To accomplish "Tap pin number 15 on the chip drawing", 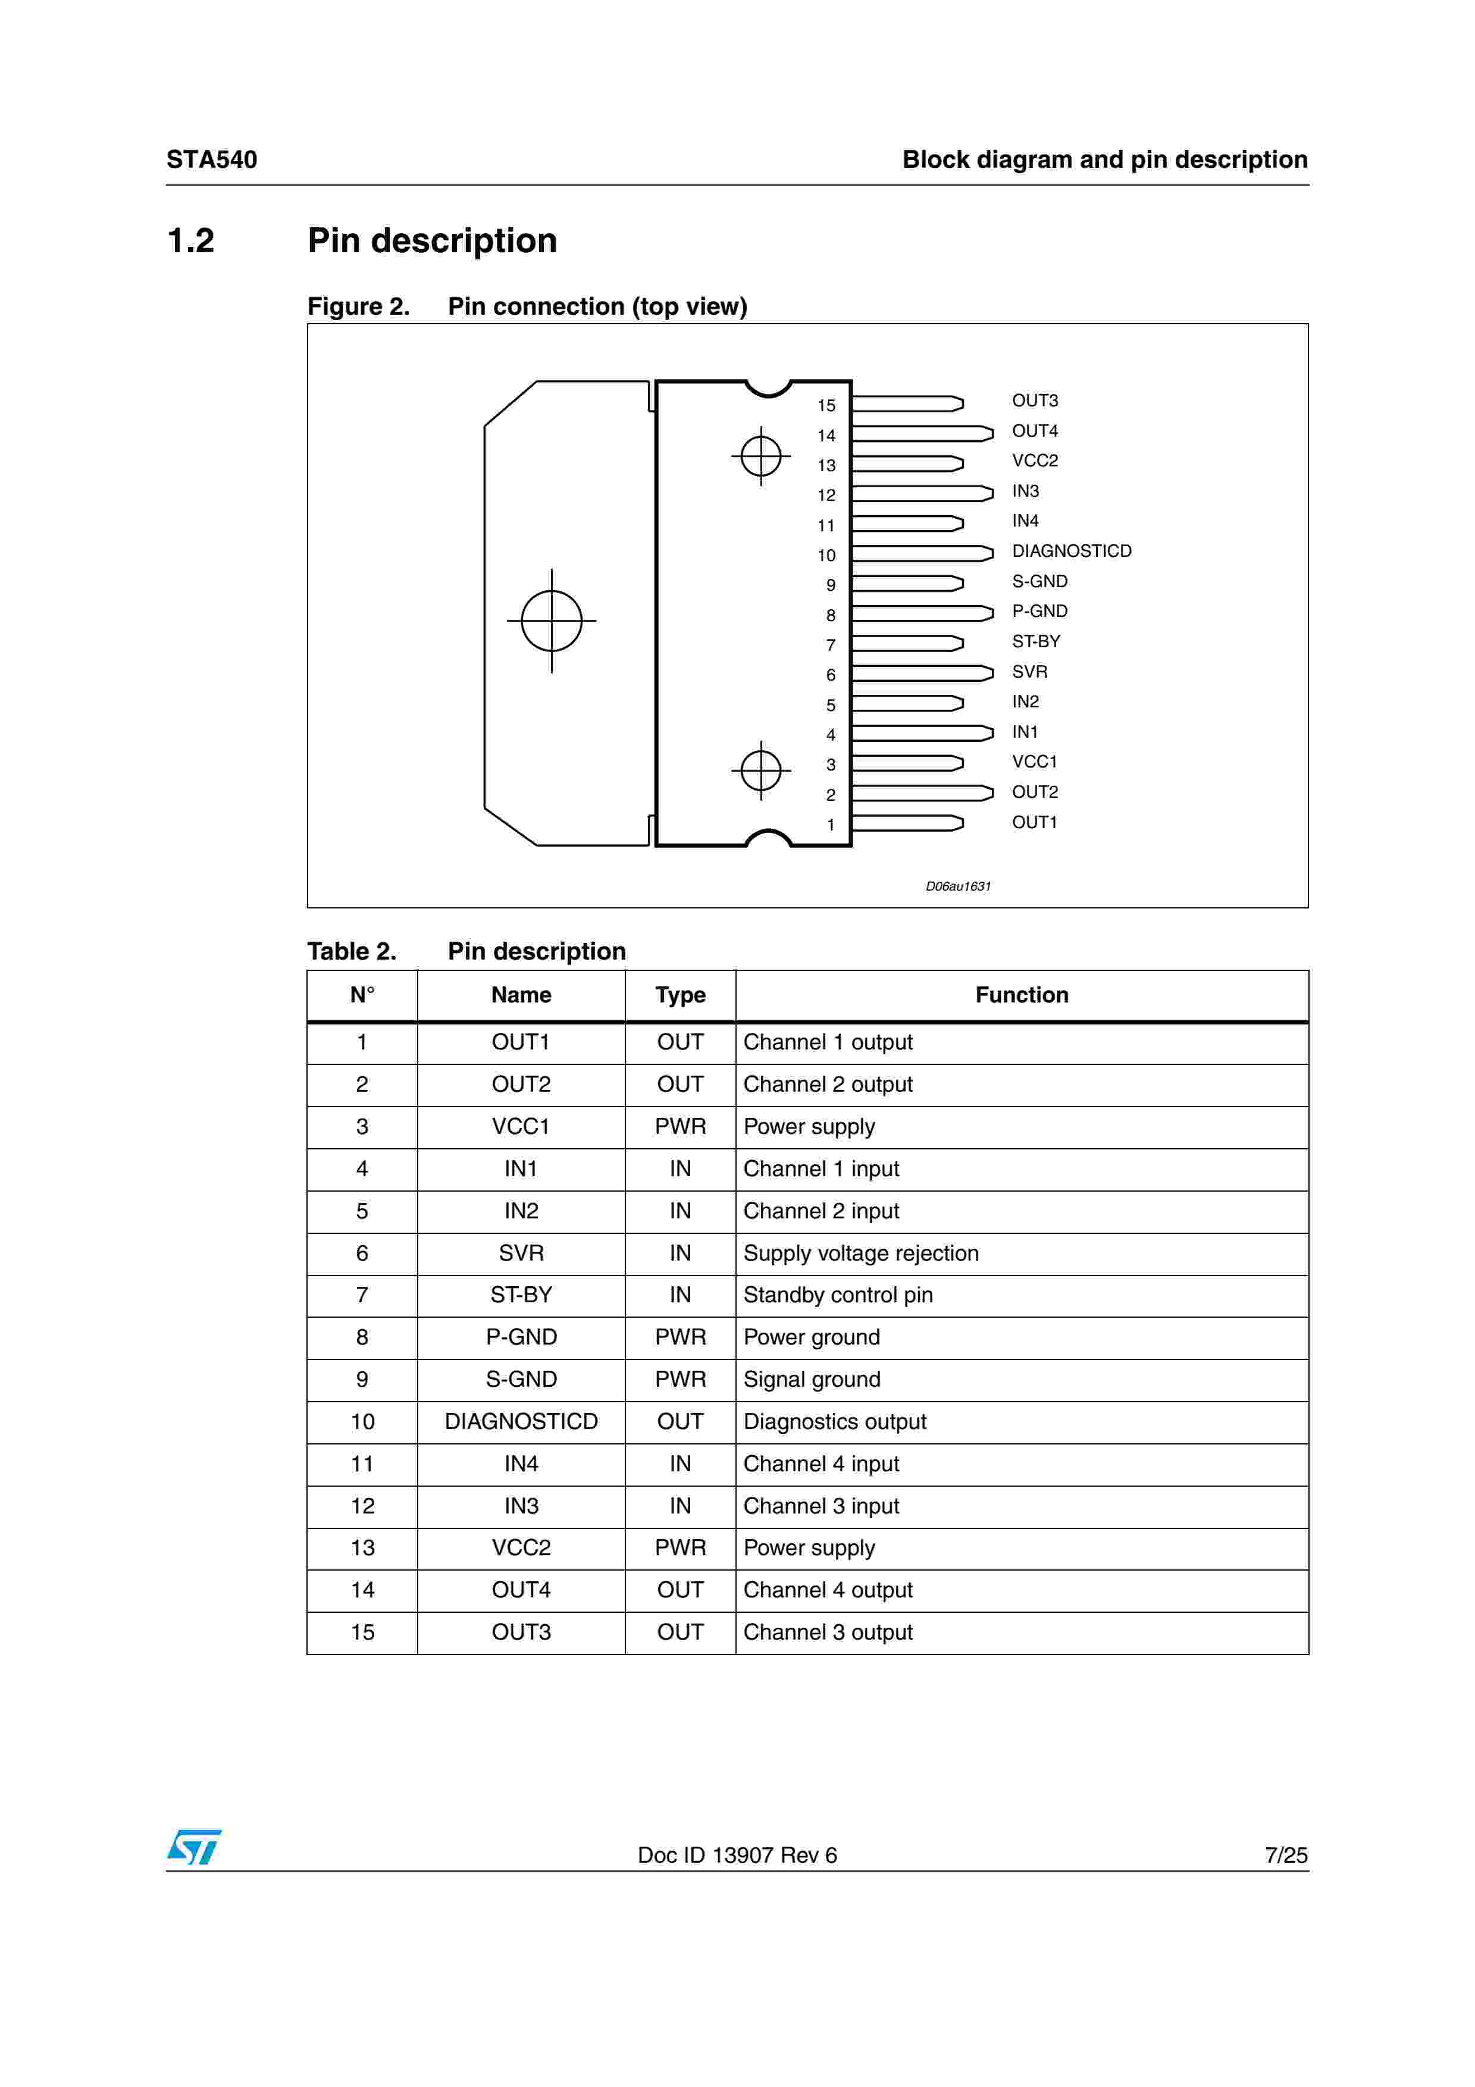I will [x=825, y=405].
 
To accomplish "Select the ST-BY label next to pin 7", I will [x=1035, y=642].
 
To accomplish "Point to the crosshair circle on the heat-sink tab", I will [x=551, y=621].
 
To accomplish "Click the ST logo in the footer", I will [x=193, y=1847].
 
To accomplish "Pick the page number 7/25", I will [x=1285, y=1854].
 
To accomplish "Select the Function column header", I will [x=1022, y=995].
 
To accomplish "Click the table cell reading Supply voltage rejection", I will [x=860, y=1254].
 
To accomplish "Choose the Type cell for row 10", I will [x=680, y=1422].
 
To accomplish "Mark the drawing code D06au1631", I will [x=958, y=886].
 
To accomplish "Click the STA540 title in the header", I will [x=212, y=160].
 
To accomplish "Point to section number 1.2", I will [x=191, y=241].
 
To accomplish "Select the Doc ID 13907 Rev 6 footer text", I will [x=737, y=1855].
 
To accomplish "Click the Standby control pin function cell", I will [x=837, y=1295].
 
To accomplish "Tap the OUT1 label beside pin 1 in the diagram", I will [x=1034, y=823].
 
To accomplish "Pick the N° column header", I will [x=362, y=995].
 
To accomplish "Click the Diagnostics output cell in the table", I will [x=834, y=1422].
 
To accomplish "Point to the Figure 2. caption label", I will [x=358, y=307].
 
